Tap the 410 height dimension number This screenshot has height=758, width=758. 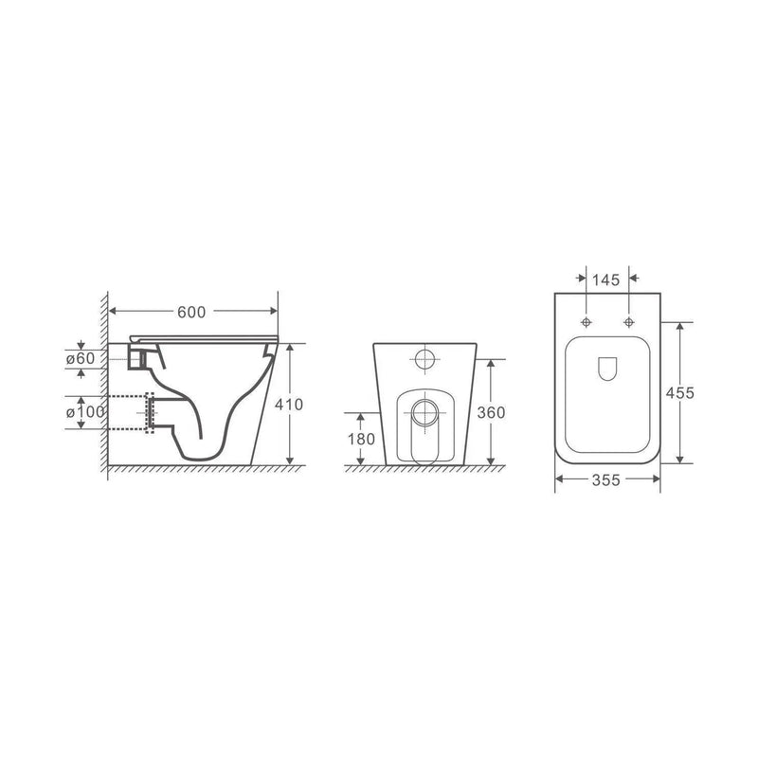tap(288, 405)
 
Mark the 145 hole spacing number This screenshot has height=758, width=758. tap(607, 280)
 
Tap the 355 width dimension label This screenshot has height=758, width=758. tap(606, 481)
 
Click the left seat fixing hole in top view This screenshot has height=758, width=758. tap(587, 322)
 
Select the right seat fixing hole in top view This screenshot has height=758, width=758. tap(627, 322)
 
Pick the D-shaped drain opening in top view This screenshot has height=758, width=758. tap(606, 370)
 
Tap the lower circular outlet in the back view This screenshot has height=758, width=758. tap(425, 411)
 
